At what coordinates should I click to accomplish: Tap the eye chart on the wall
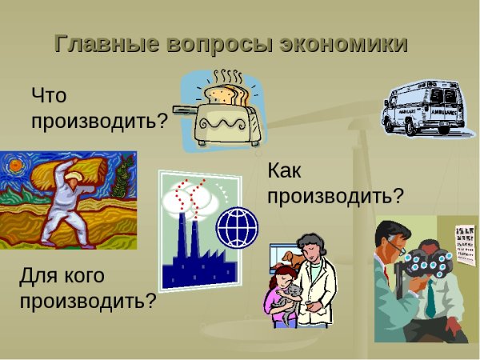coord(465,244)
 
